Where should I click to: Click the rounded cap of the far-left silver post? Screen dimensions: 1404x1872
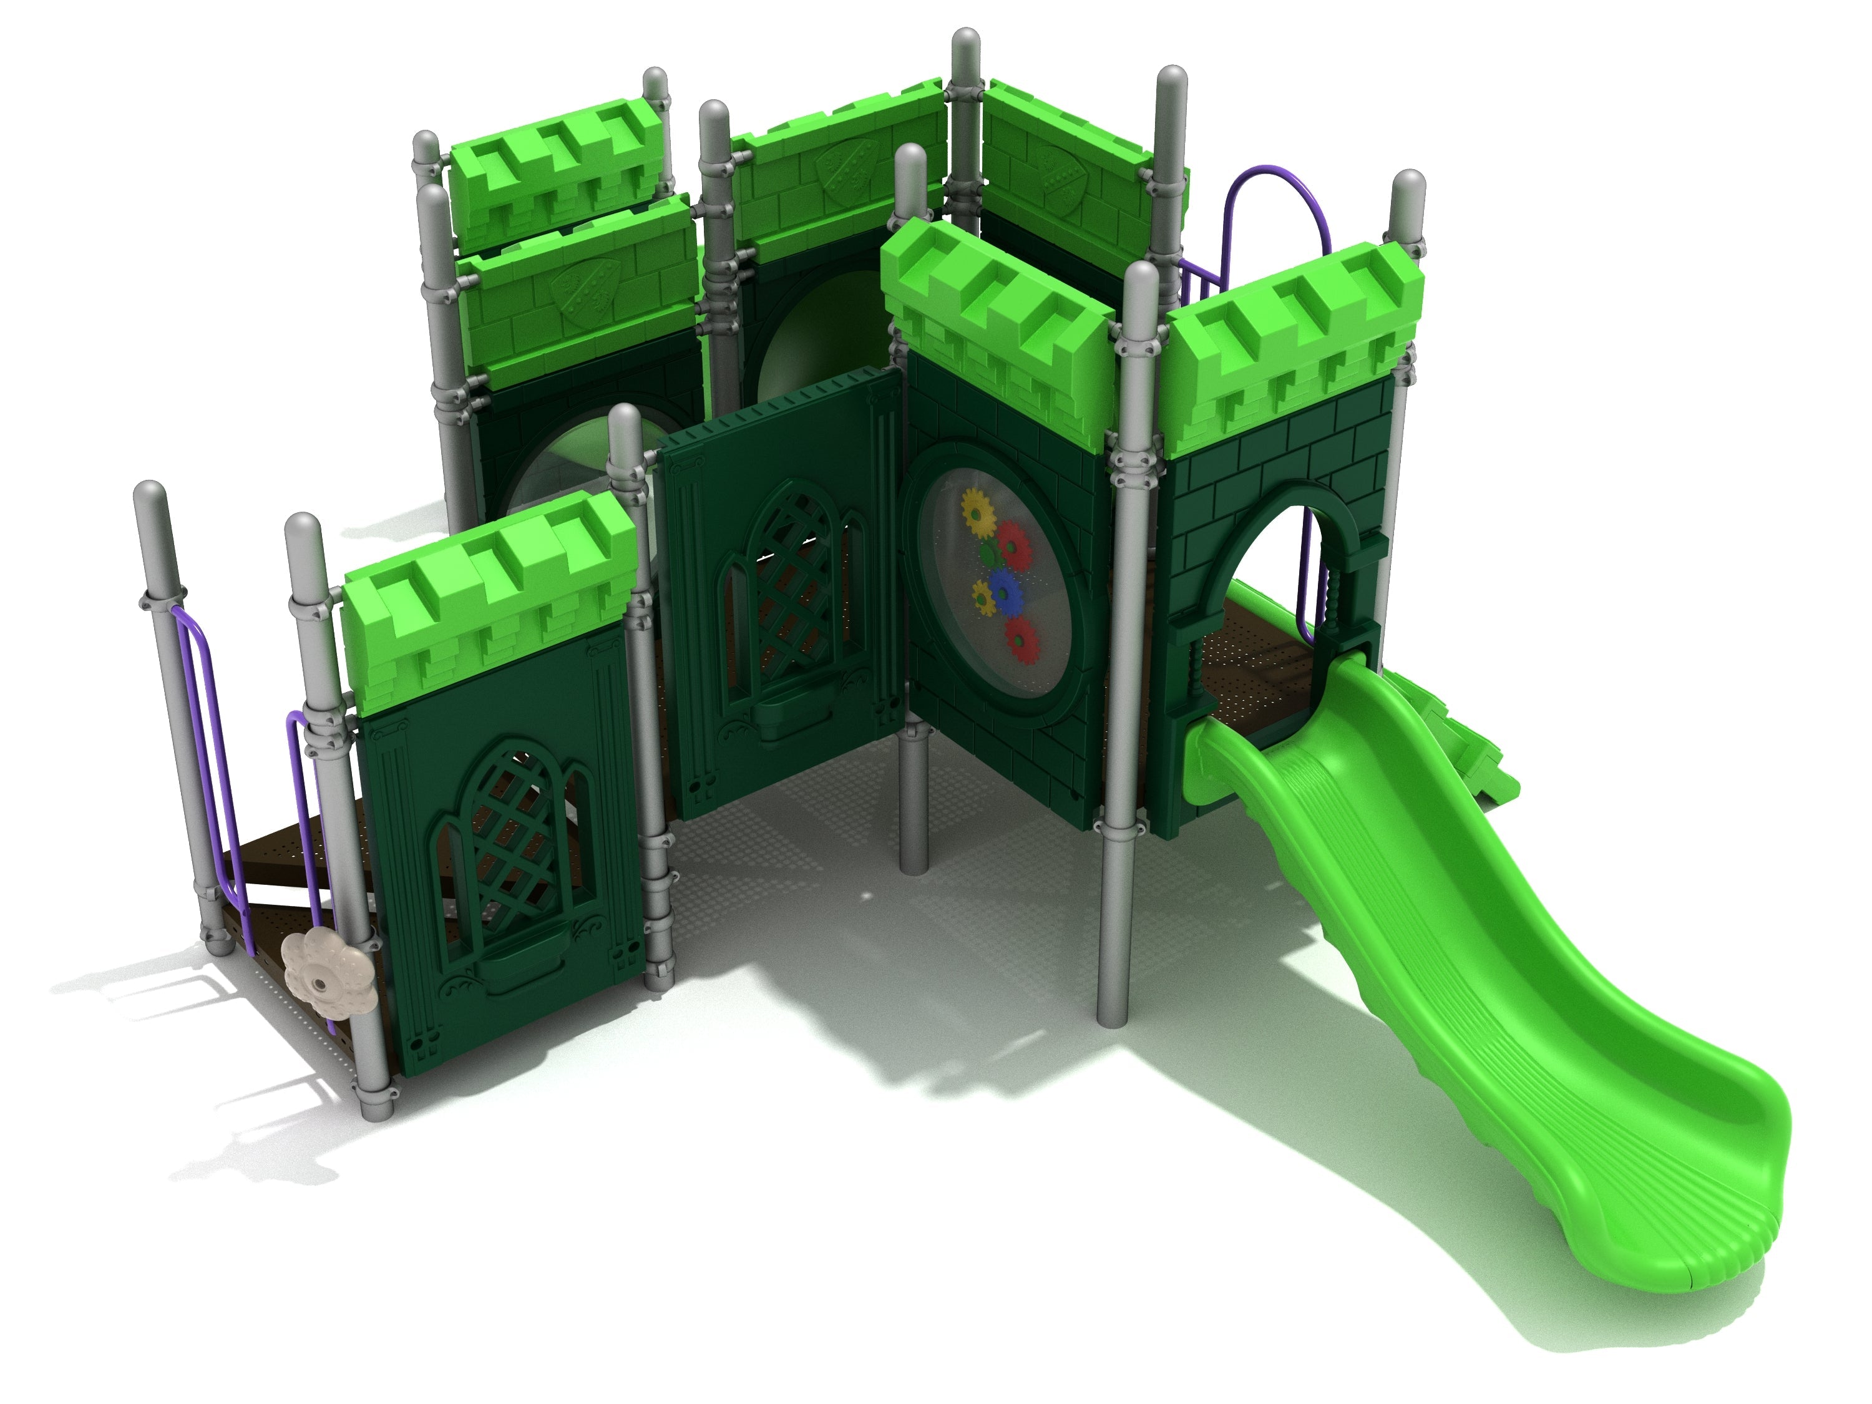click(150, 499)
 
